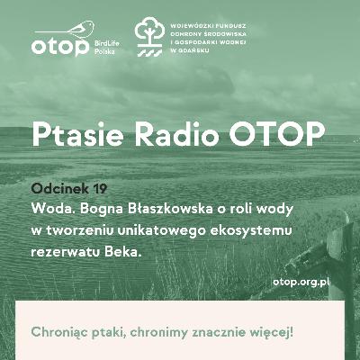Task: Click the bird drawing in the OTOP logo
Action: pos(80,29)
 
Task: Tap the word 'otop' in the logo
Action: pos(60,47)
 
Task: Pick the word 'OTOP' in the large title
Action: pos(277,133)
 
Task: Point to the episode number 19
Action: pos(100,189)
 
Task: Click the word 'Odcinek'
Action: pos(60,189)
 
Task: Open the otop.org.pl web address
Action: pos(301,283)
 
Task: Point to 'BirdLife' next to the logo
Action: pos(107,43)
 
